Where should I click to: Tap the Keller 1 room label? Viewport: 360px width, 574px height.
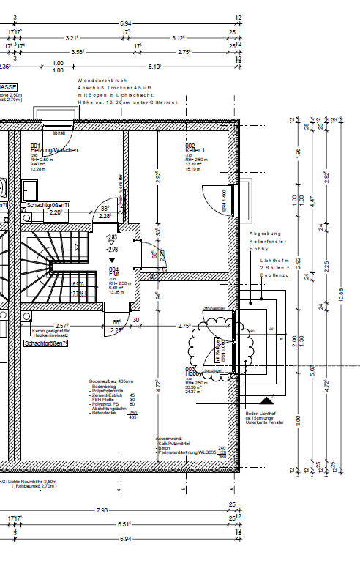(195, 150)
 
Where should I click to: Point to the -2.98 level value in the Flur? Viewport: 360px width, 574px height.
(112, 249)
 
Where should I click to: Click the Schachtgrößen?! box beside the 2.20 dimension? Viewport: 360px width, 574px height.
(48, 206)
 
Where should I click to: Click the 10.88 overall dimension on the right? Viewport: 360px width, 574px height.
(340, 291)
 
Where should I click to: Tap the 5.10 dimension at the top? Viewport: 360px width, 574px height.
(155, 67)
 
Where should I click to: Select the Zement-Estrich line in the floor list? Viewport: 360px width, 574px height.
(105, 395)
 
